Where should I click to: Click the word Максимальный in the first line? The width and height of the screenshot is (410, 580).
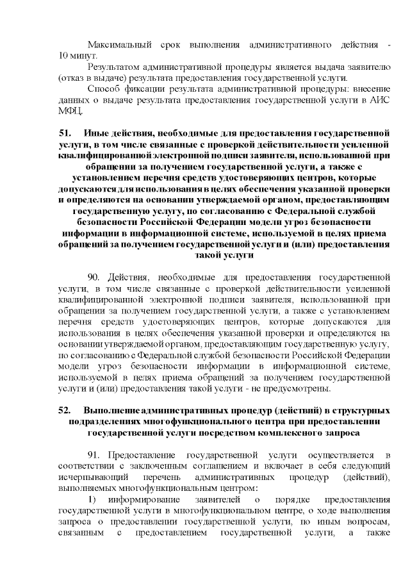115,46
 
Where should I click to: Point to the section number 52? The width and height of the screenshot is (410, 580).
63,411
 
